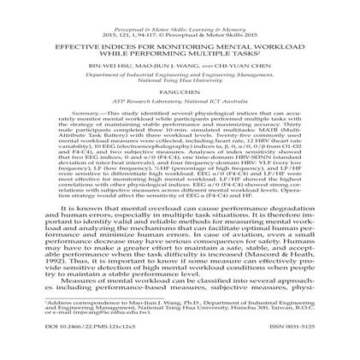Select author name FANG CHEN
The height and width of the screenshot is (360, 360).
[180, 91]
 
